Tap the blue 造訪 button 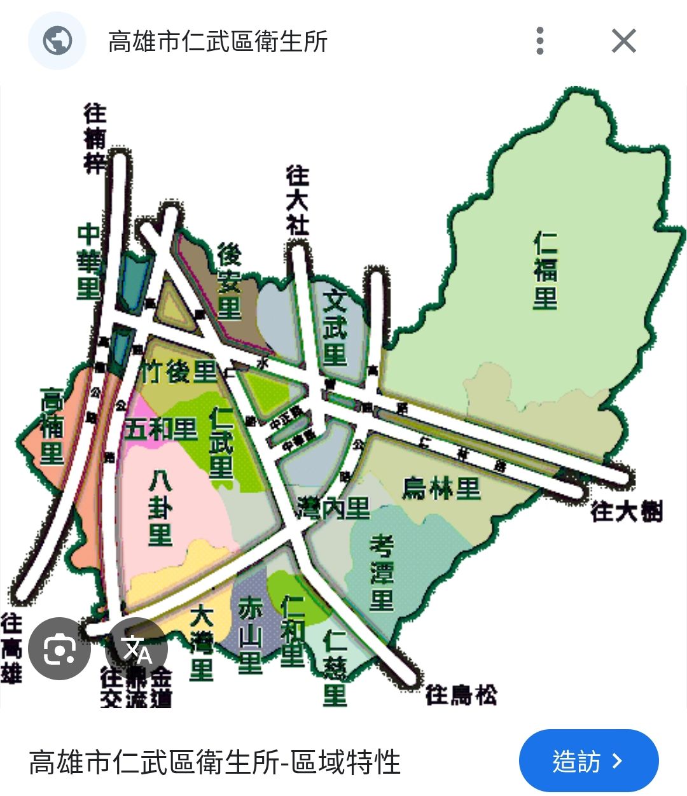(x=588, y=761)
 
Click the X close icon (x=623, y=41)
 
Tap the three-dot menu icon (x=539, y=41)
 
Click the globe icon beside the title (x=57, y=41)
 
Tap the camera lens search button (x=60, y=648)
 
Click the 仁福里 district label (x=545, y=271)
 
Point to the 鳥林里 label (x=441, y=489)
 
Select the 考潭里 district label (x=382, y=573)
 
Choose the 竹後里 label (x=179, y=372)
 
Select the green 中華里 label (x=89, y=262)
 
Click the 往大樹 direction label (x=627, y=511)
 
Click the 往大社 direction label (x=297, y=200)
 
